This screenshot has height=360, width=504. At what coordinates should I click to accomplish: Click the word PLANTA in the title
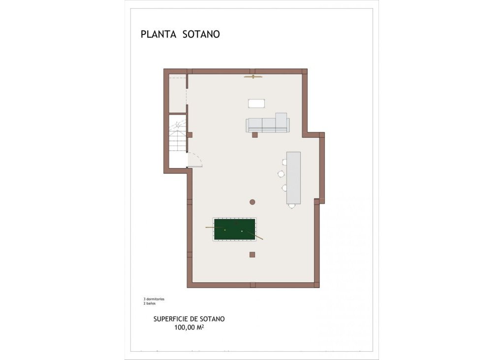coord(159,34)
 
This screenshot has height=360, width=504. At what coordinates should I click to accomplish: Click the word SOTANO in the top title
coord(201,34)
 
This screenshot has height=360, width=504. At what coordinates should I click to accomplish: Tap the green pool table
coord(234,230)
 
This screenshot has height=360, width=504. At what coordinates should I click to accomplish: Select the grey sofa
coord(266,125)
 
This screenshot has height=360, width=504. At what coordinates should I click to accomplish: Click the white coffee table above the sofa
coord(257,103)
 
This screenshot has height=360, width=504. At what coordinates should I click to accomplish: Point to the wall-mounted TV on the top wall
coord(253,77)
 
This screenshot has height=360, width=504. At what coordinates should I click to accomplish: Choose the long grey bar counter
coord(293,178)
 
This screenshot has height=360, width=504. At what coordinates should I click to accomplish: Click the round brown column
coord(252,202)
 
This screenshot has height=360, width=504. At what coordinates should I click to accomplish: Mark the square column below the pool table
coord(252,254)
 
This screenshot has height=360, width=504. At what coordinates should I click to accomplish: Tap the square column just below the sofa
coord(255,134)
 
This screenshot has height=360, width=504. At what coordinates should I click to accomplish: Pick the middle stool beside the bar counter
coord(281,173)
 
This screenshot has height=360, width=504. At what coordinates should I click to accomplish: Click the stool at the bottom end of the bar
coord(292,206)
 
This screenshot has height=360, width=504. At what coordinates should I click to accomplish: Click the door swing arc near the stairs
coord(196,160)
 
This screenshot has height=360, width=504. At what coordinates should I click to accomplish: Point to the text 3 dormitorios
coord(154,299)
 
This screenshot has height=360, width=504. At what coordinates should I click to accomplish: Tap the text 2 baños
coord(149,303)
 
